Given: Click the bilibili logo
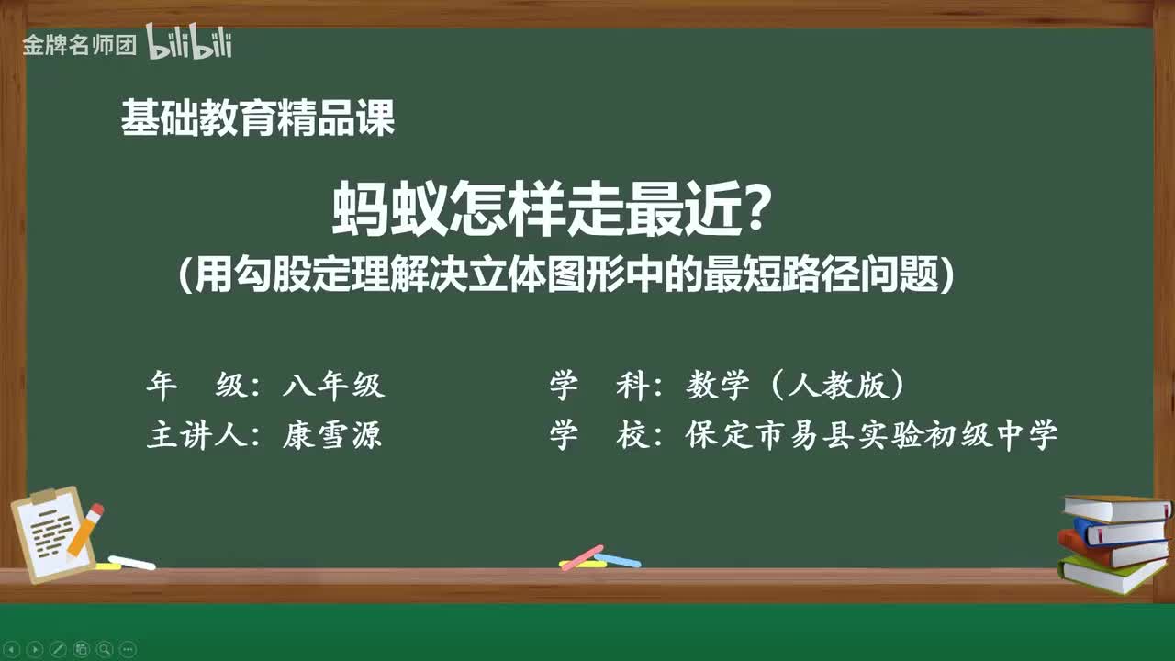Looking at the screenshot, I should (189, 43).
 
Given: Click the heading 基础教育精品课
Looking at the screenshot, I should (258, 119).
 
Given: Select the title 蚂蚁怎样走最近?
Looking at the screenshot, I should (551, 208).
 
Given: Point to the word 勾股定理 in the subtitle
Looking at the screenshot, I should (297, 274).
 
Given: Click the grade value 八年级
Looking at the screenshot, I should (333, 387).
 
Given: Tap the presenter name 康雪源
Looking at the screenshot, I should (332, 435).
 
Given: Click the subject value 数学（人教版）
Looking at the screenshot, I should (795, 387).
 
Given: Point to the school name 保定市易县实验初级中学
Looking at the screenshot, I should (871, 435).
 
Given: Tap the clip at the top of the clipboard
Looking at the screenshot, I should (44, 497).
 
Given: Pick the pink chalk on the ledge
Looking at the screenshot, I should (581, 556).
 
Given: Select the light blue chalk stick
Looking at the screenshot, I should (618, 559).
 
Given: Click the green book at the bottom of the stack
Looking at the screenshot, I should (1112, 575).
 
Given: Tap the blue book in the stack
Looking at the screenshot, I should (1119, 532).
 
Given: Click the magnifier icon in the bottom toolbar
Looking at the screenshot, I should (104, 649).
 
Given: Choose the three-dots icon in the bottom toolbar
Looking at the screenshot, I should (128, 649).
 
